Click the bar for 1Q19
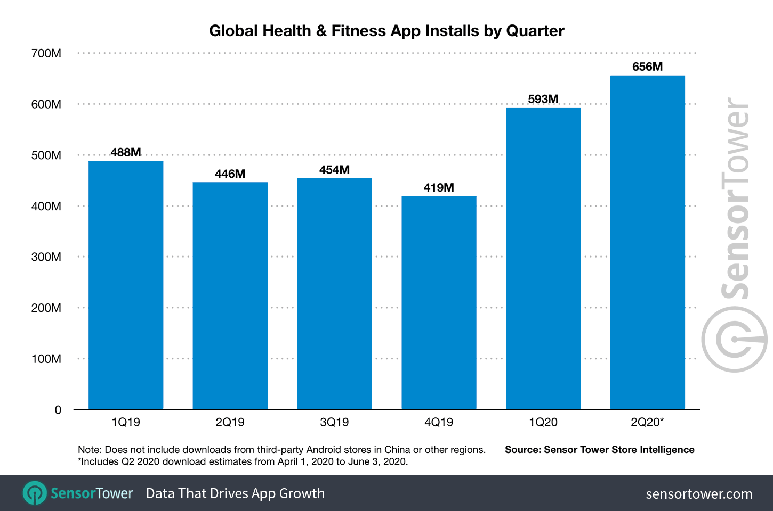[x=126, y=285]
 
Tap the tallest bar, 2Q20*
[x=647, y=242]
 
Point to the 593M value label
[x=543, y=99]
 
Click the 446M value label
[x=230, y=174]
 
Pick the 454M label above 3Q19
[x=334, y=170]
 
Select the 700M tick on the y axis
[x=46, y=53]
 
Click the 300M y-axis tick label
[x=46, y=257]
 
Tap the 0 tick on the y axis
[x=58, y=410]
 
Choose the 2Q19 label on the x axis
[x=230, y=422]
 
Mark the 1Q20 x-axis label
[x=543, y=422]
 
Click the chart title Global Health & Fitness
[x=386, y=31]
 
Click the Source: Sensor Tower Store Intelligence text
[x=599, y=450]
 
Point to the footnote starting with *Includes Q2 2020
[x=243, y=461]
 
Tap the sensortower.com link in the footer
[x=699, y=494]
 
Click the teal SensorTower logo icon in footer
[x=35, y=493]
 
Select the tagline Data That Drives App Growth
[x=235, y=493]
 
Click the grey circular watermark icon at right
[x=734, y=339]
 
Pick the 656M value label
[x=647, y=67]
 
